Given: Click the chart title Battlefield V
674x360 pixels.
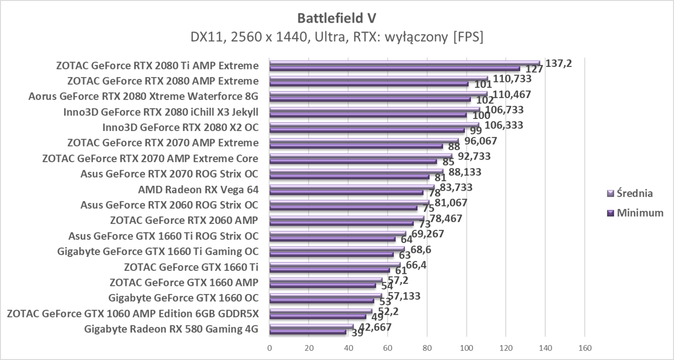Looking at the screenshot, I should [x=337, y=18].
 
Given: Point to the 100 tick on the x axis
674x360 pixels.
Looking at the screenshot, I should [x=466, y=348].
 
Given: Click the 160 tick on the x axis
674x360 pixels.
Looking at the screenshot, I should [x=584, y=348].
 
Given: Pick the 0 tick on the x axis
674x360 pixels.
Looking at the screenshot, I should [x=270, y=348].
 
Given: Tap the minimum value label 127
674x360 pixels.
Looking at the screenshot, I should [x=534, y=69].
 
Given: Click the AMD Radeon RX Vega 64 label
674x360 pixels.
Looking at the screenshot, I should [x=198, y=189].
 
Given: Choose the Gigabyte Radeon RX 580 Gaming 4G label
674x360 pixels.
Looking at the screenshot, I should [x=171, y=329].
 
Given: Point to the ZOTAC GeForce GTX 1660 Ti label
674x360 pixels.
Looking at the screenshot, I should [x=191, y=267].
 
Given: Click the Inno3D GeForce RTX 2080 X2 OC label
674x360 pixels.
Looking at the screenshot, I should [x=181, y=128].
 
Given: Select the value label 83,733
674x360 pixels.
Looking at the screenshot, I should [x=454, y=187].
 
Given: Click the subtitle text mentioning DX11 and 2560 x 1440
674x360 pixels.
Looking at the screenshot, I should [x=337, y=37].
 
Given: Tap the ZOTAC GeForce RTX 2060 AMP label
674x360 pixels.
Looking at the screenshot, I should [x=184, y=220].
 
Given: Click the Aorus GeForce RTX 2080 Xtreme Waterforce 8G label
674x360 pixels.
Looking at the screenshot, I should [x=143, y=96].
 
